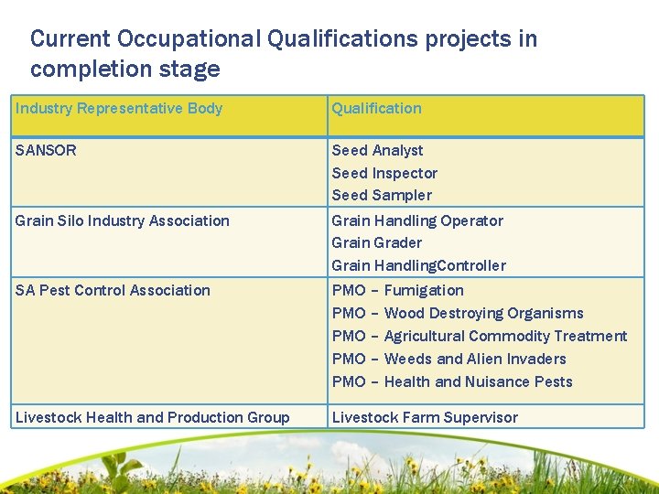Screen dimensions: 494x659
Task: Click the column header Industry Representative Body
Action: pos(119,109)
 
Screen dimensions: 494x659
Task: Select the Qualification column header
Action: pos(376,109)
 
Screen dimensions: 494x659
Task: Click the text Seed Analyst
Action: pos(377,150)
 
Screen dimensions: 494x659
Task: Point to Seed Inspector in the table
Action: pos(384,173)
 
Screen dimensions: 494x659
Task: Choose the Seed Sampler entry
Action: pos(382,195)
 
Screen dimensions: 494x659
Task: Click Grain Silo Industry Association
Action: pos(123,220)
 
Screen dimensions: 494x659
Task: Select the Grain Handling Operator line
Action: pos(417,220)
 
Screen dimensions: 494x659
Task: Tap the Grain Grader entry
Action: pos(376,242)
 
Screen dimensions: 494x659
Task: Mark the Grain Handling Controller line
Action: pos(418,265)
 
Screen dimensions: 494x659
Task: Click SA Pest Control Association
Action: pos(113,290)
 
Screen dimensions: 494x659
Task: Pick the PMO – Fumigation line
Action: pos(397,290)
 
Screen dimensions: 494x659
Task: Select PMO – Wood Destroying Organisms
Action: pos(457,313)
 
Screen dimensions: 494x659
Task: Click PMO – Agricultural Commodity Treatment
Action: pos(479,336)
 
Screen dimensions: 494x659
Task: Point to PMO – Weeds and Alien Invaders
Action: pos(448,359)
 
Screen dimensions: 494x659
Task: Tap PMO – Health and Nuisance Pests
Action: pos(451,381)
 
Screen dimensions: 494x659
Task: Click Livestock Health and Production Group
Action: pos(152,417)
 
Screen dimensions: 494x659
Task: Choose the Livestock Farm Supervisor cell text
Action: pos(425,417)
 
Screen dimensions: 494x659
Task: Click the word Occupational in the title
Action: pos(190,39)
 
